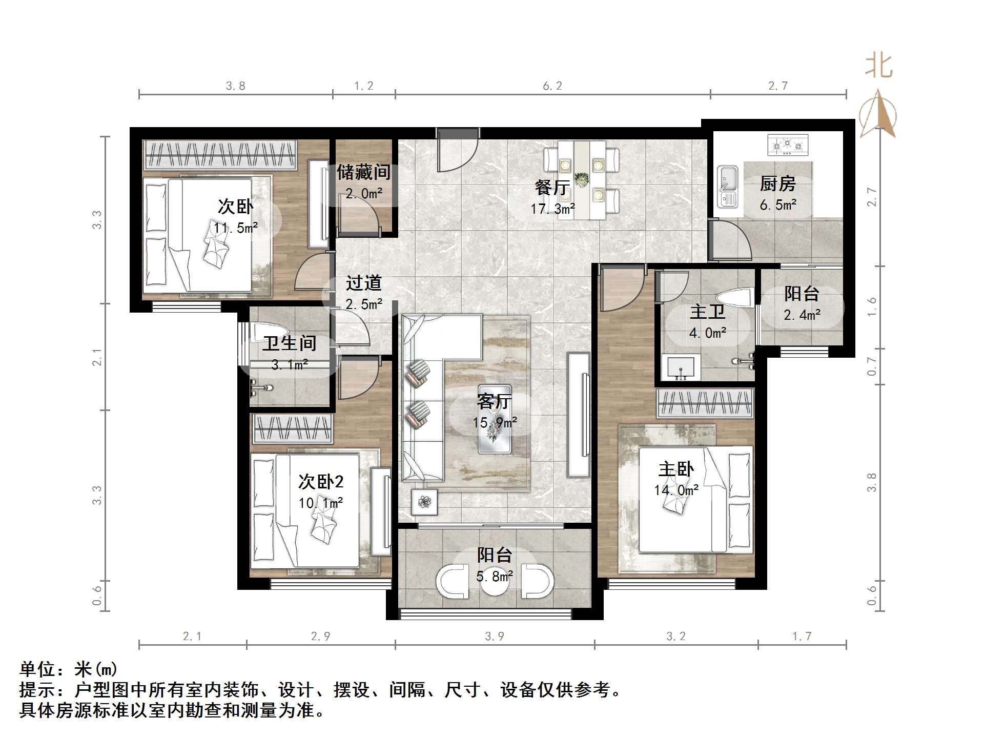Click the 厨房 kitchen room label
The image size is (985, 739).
tap(777, 183)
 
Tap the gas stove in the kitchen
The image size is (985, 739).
tap(788, 145)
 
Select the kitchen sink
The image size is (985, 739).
tap(727, 187)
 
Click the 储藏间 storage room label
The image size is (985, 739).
tap(363, 172)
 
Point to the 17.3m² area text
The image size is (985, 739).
tap(552, 209)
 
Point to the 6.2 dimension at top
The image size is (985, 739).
tap(552, 86)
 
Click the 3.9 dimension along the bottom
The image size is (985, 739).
tap(495, 637)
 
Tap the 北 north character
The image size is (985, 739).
tap(878, 67)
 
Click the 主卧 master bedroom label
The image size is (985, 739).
tap(676, 469)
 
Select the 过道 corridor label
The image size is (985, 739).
tap(363, 283)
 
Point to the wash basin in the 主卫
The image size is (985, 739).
tap(681, 367)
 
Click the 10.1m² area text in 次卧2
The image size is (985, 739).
tap(321, 503)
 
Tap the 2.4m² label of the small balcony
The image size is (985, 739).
tap(802, 315)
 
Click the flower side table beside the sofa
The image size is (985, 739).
tap(424, 502)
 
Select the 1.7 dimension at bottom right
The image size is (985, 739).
tap(802, 637)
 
